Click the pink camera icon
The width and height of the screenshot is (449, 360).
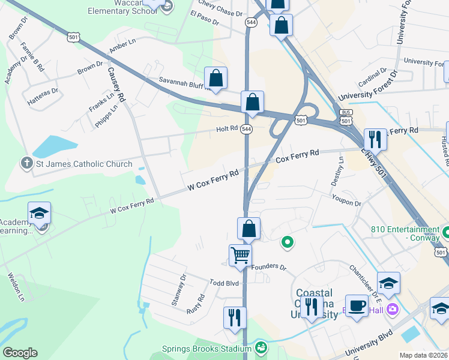click(x=393, y=309)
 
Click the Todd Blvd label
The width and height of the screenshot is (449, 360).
click(x=224, y=283)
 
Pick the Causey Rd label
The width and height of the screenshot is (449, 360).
click(x=116, y=84)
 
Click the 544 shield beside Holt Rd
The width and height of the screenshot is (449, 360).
click(x=246, y=129)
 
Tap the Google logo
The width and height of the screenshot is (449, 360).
click(x=20, y=353)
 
